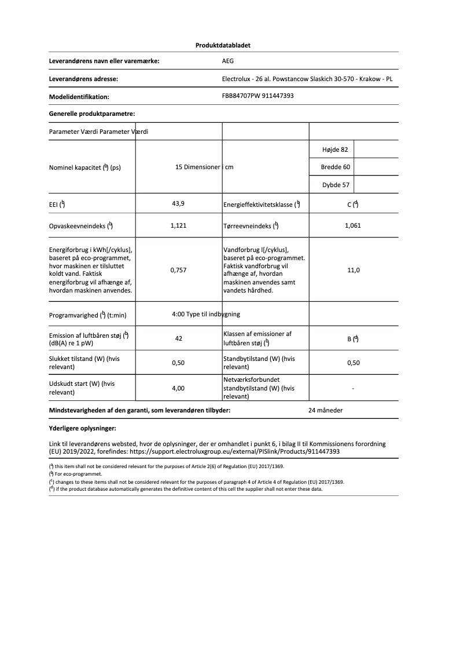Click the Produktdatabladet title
point(223,45)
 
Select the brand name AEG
point(228,60)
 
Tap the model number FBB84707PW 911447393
point(257,96)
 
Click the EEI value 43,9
point(179,203)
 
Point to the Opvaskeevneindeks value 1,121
point(179,225)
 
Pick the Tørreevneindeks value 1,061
point(352,225)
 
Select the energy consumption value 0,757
point(179,270)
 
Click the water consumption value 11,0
point(353,270)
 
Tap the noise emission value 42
point(179,338)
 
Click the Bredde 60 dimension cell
point(335,167)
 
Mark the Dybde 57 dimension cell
point(335,185)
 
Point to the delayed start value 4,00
point(179,388)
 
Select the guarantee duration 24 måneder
point(326,410)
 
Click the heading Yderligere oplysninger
point(83,429)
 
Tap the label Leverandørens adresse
point(85,79)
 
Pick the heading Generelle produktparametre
point(92,114)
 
